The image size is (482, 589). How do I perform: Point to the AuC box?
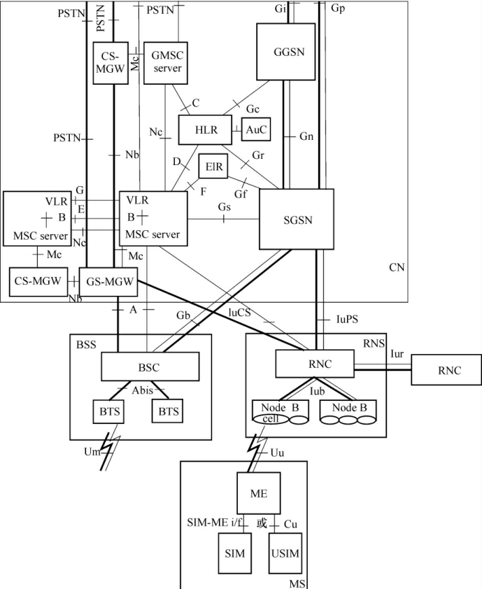pyautogui.click(x=255, y=129)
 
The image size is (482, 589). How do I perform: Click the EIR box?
pyautogui.click(x=213, y=166)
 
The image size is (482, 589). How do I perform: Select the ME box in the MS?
pyautogui.click(x=259, y=492)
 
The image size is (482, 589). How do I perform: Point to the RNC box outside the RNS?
pyautogui.click(x=446, y=370)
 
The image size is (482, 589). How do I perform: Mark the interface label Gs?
pyautogui.click(x=224, y=207)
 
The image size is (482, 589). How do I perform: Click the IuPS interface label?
pyautogui.click(x=348, y=320)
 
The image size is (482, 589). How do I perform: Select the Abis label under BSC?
pyautogui.click(x=143, y=391)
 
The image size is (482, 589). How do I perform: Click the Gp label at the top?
pyautogui.click(x=337, y=8)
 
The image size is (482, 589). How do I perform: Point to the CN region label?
pyautogui.click(x=397, y=267)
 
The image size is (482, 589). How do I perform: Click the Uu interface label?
pyautogui.click(x=276, y=453)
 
